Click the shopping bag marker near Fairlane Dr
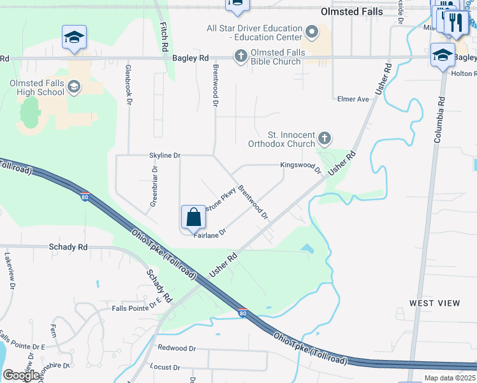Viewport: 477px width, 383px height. point(193,217)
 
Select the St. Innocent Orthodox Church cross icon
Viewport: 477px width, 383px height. point(325,138)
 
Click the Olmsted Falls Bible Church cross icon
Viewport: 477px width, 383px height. point(240,56)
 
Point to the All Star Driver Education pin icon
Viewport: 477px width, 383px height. point(312,31)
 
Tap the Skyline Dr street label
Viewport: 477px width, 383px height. point(165,155)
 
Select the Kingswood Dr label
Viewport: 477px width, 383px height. point(300,167)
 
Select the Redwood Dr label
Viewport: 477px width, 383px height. point(177,348)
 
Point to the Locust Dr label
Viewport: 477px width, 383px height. point(165,367)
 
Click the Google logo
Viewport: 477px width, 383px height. point(20,375)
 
